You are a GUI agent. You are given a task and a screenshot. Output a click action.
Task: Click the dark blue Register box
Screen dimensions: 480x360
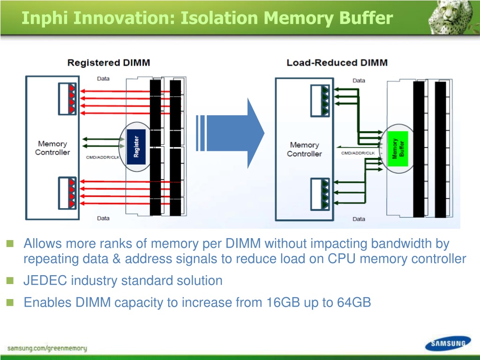tap(136, 147)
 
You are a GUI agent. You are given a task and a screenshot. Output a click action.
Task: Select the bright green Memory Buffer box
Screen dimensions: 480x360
tap(398, 149)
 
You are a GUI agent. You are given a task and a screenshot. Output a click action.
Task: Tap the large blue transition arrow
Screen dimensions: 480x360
tap(230, 133)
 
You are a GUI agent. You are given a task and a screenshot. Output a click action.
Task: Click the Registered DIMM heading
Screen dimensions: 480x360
tap(109, 63)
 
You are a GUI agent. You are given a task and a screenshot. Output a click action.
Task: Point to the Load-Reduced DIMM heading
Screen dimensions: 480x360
tap(337, 63)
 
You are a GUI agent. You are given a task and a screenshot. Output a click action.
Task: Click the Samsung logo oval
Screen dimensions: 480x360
tap(448, 343)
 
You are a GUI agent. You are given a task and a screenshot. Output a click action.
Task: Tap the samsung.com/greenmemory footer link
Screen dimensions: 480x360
tap(47, 348)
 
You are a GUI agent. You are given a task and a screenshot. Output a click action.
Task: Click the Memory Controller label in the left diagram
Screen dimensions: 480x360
tap(52, 148)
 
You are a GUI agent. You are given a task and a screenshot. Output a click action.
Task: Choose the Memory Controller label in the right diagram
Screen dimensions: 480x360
tap(304, 149)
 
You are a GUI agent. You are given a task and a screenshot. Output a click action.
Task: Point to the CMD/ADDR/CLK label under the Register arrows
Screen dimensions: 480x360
tap(103, 157)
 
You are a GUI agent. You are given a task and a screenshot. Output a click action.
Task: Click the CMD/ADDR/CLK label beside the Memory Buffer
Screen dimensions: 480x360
tap(358, 153)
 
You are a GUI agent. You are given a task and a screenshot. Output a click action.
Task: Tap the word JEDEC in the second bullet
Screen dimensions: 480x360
tap(45, 280)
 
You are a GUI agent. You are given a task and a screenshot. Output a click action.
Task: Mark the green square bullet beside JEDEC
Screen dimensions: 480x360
tap(10, 280)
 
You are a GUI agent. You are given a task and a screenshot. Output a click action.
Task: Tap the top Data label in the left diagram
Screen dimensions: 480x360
tap(103, 79)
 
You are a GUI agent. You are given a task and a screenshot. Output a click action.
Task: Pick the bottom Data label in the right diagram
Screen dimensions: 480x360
tap(359, 219)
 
